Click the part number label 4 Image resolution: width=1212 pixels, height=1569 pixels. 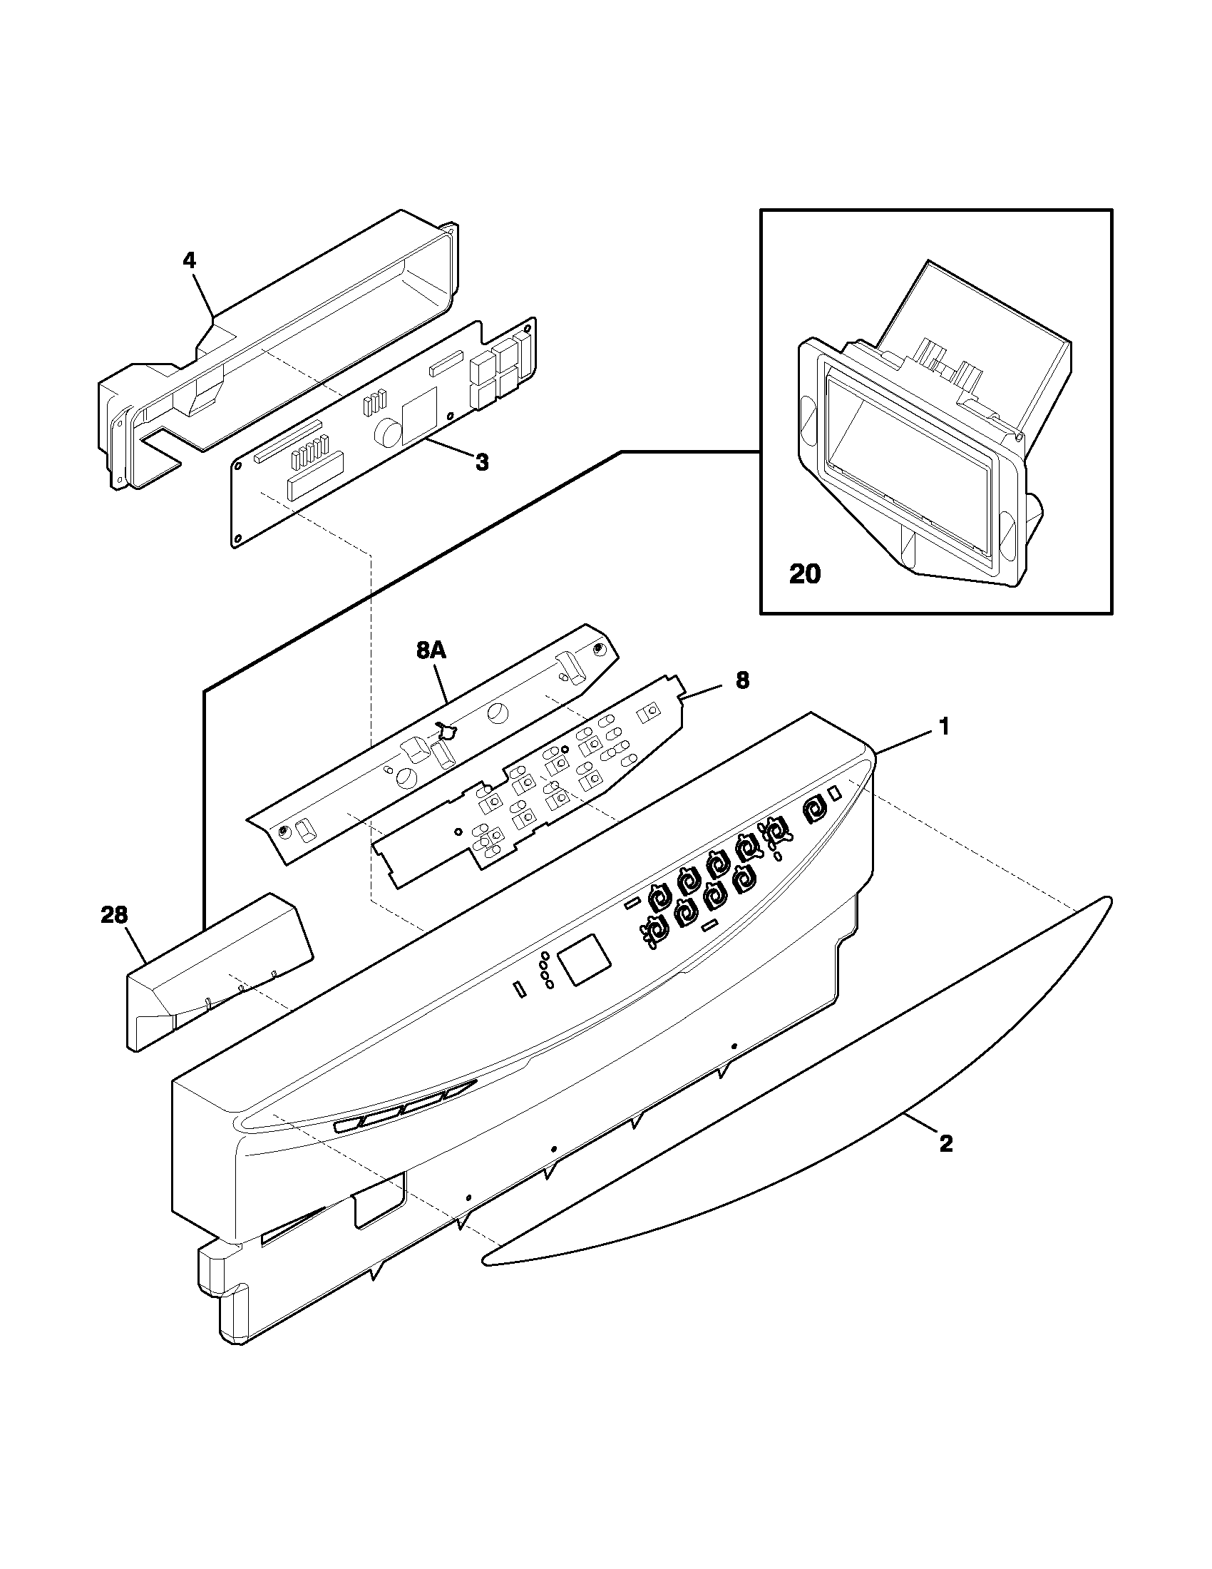click(x=189, y=260)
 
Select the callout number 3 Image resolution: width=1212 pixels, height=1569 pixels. click(x=482, y=463)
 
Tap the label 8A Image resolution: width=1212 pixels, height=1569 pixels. click(x=431, y=651)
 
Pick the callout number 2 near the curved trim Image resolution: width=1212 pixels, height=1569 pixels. click(x=945, y=1143)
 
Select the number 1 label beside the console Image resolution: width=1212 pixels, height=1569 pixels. click(x=945, y=727)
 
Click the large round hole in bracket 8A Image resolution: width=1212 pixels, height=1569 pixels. click(x=496, y=714)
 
